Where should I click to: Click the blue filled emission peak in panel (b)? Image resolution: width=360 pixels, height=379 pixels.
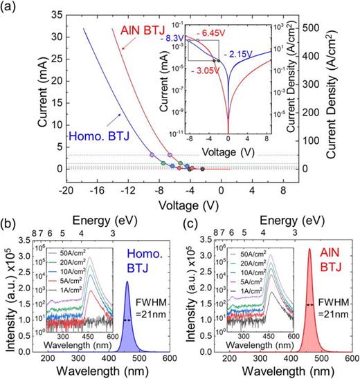(x=127, y=325)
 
